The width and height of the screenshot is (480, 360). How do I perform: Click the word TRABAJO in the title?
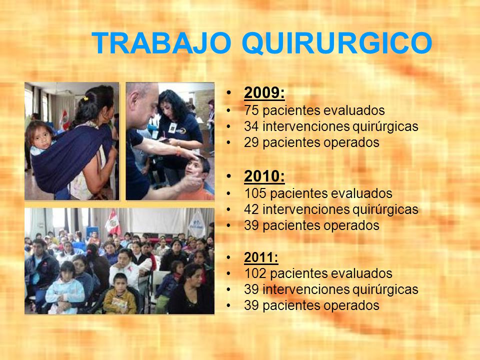tap(161, 43)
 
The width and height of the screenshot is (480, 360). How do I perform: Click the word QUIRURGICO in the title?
tap(337, 43)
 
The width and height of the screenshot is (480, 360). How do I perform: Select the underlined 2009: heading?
tap(264, 93)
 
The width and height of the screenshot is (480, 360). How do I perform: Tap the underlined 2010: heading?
tap(264, 176)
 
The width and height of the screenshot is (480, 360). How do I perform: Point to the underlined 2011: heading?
tap(261, 257)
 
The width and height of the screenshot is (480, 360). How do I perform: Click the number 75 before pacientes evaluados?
tap(251, 110)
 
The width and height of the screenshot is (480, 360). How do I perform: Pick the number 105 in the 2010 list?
tap(255, 193)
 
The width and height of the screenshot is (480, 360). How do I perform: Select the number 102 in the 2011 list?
tap(255, 273)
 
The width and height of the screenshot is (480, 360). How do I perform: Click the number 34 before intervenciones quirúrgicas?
tap(251, 126)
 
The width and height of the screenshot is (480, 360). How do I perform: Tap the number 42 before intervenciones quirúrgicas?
tap(251, 209)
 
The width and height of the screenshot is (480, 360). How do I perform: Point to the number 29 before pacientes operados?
tap(251, 142)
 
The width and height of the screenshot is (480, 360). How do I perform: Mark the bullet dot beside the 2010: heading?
tap(228, 176)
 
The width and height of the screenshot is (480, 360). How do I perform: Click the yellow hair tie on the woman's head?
tap(85, 98)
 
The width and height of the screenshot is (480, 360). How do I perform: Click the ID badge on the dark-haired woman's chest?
tap(172, 128)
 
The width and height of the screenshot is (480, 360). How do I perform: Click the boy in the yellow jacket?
tap(119, 295)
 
